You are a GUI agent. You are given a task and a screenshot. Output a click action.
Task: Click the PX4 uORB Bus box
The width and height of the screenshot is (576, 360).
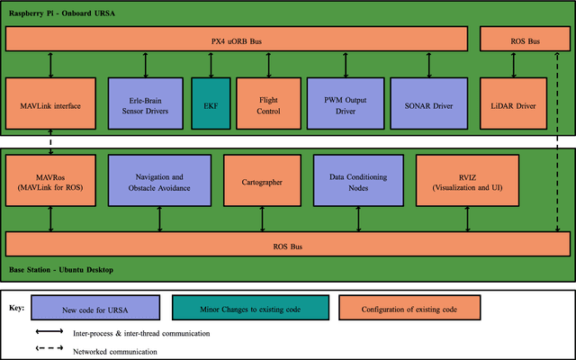tap(237, 39)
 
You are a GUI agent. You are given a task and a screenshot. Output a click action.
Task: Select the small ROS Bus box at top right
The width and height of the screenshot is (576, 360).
tap(525, 39)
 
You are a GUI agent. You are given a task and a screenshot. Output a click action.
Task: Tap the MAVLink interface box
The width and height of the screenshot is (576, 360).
tap(50, 104)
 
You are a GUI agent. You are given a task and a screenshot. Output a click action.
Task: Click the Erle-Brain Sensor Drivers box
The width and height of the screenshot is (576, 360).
tap(146, 104)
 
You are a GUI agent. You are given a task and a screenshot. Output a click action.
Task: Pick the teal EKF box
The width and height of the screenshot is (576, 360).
tap(211, 104)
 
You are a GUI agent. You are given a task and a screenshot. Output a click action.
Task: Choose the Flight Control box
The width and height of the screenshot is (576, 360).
tap(269, 104)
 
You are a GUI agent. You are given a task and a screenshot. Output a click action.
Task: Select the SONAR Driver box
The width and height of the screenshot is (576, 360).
tap(429, 104)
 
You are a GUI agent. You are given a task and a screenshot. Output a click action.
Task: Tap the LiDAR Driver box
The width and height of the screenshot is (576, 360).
tap(514, 104)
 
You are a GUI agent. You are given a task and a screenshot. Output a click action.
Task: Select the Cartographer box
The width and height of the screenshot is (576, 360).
tap(262, 181)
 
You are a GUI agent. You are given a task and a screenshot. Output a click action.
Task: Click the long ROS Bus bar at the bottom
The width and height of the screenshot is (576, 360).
tap(288, 244)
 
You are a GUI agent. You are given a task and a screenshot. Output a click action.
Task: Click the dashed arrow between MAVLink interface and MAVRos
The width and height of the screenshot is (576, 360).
tap(50, 142)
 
